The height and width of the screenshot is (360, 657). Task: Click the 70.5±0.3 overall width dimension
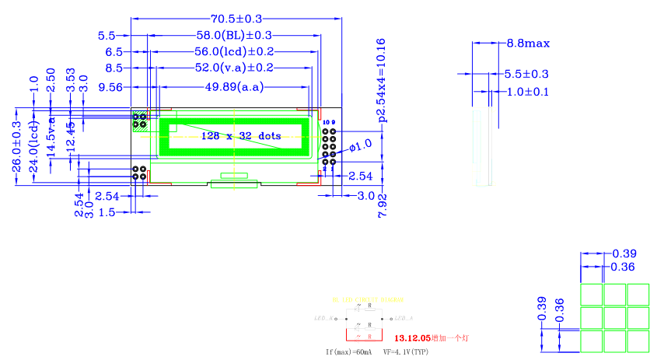(236, 19)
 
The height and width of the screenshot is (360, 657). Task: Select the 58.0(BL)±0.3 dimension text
(233, 36)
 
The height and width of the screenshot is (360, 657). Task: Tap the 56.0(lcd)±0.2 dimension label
(234, 52)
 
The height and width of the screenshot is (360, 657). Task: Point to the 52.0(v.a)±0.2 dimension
(234, 68)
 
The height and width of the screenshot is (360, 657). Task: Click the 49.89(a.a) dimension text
(233, 87)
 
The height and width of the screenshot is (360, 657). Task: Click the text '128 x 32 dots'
(241, 135)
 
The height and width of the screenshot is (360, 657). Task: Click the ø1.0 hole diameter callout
(361, 145)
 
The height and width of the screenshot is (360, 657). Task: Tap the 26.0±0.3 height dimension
(17, 152)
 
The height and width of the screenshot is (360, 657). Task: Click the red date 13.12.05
(412, 338)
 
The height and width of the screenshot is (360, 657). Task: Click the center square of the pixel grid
(615, 317)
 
